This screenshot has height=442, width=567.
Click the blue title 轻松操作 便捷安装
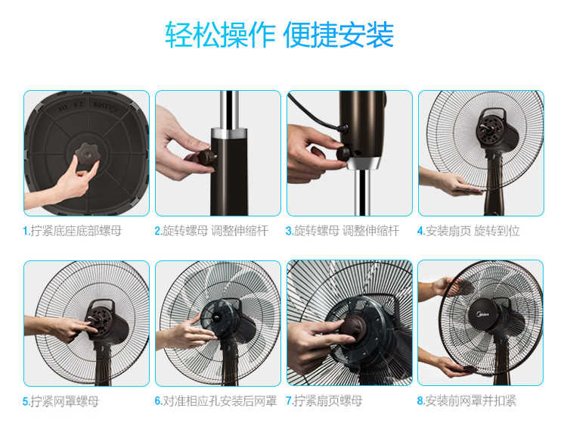click(279, 35)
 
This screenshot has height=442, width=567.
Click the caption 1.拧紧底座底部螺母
click(73, 231)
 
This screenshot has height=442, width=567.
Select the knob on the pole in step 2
click(203, 158)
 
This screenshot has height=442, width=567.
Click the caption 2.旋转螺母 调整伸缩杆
click(212, 231)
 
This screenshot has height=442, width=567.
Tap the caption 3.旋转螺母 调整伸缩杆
click(342, 231)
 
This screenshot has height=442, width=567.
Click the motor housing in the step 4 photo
click(497, 129)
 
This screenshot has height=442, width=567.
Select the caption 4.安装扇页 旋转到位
click(468, 231)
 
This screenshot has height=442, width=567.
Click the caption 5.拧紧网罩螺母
click(60, 401)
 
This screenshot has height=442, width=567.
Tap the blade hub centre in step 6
click(217, 317)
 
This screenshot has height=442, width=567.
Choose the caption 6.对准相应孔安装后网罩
click(216, 400)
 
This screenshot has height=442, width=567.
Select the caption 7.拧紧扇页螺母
click(324, 400)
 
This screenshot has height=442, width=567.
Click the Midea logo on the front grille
click(484, 314)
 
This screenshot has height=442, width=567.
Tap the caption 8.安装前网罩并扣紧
click(466, 400)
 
